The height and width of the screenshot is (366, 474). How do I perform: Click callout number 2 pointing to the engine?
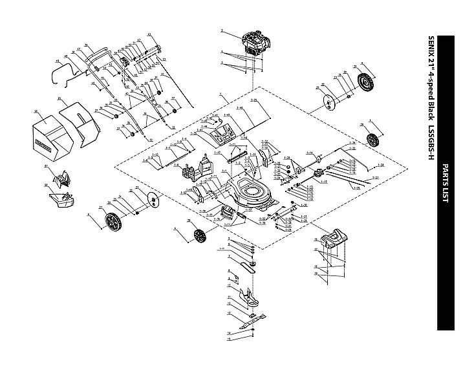coord(221,30)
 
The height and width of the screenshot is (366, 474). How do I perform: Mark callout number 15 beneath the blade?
coord(229,339)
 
